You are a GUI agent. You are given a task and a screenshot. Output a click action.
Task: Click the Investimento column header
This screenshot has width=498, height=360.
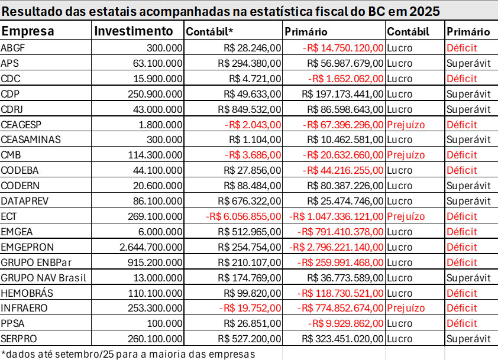point(134,31)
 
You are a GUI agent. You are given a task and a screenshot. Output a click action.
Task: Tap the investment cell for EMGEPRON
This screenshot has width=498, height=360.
point(151,247)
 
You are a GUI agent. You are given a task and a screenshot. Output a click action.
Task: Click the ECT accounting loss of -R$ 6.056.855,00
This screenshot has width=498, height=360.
point(244,216)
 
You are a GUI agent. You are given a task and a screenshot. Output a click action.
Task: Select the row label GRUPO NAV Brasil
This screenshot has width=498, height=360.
point(44,277)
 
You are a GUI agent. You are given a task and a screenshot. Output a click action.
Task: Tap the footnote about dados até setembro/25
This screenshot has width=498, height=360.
point(128,353)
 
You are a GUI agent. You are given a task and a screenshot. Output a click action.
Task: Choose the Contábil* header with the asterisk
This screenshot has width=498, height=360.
point(210,32)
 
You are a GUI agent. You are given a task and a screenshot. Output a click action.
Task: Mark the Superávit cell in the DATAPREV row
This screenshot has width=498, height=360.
point(468,201)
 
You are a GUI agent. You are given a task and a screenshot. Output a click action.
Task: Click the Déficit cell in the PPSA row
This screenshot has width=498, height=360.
point(461,323)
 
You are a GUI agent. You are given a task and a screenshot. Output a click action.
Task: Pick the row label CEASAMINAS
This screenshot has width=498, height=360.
point(31,140)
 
